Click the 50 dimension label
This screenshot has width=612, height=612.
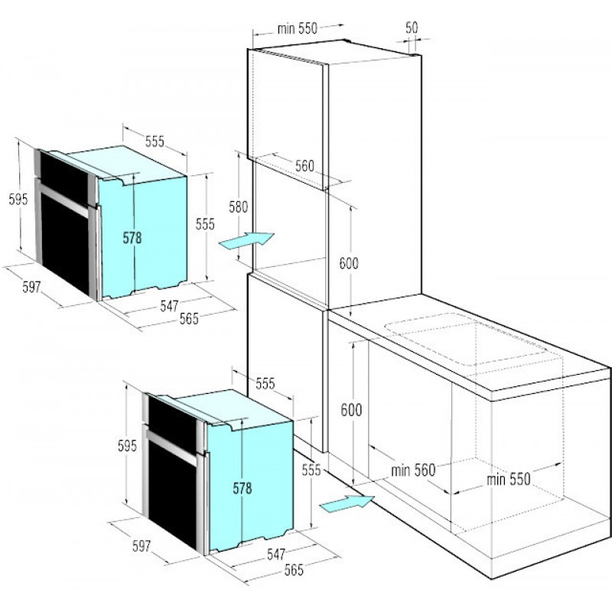tap(412, 28)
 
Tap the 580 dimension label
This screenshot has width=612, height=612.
tap(238, 207)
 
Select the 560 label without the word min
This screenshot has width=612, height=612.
tap(304, 166)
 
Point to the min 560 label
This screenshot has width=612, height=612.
tap(413, 470)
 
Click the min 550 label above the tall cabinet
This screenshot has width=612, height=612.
tap(298, 28)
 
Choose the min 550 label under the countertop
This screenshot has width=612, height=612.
tap(508, 479)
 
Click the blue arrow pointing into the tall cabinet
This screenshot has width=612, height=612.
tap(247, 239)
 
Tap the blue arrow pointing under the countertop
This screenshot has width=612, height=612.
tap(347, 502)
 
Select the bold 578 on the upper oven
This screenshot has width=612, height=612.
tap(132, 238)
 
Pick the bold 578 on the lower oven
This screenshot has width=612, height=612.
tap(243, 488)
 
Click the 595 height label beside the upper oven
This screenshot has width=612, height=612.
tap(18, 200)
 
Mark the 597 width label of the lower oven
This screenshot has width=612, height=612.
tap(142, 545)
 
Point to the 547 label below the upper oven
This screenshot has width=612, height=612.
tap(169, 305)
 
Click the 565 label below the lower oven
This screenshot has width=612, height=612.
tap(294, 569)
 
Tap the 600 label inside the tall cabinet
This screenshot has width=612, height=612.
tap(349, 263)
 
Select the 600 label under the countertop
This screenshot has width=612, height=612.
tap(351, 410)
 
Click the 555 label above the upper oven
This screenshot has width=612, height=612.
tap(155, 142)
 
